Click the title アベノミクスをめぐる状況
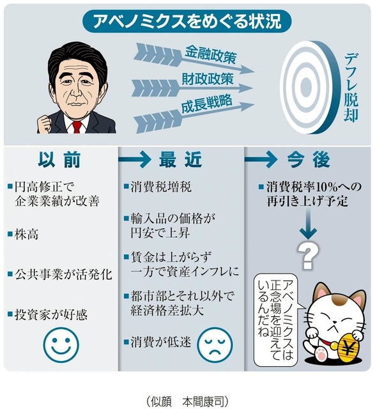tap(187, 21)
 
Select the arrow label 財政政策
tap(208, 79)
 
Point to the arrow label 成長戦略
tap(206, 104)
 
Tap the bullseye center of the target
tap(305, 85)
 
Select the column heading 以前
tap(59, 160)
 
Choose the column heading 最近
tap(180, 159)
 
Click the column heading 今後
tap(309, 159)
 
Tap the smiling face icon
tap(61, 345)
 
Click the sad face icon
tap(215, 345)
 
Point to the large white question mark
tap(308, 256)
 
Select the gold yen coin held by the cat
tap(348, 348)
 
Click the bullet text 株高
tap(26, 235)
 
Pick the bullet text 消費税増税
tap(161, 187)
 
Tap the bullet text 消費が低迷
tap(161, 342)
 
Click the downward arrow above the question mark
tap(308, 224)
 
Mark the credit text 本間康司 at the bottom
tap(203, 402)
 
